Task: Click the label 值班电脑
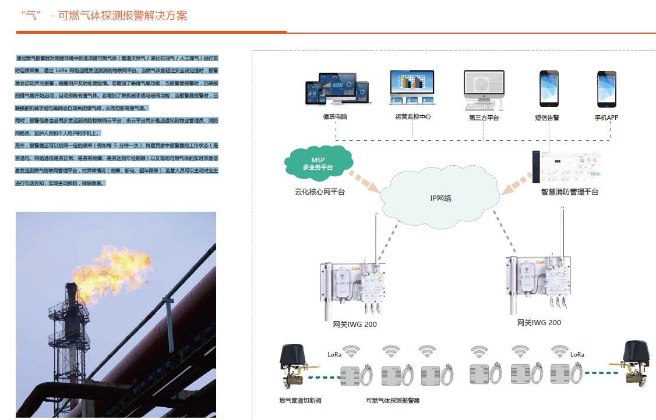(x=335, y=117)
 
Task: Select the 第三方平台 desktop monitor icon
(x=484, y=89)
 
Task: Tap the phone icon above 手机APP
(x=606, y=88)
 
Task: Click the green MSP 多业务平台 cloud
(x=318, y=162)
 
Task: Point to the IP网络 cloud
(x=440, y=198)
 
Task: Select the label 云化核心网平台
(x=319, y=191)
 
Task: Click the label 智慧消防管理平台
(x=569, y=191)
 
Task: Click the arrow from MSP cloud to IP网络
(x=364, y=181)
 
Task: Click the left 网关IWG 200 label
(x=355, y=324)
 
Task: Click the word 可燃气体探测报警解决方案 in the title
(x=123, y=16)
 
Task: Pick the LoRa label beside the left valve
(x=334, y=354)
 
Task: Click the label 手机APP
(x=606, y=117)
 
